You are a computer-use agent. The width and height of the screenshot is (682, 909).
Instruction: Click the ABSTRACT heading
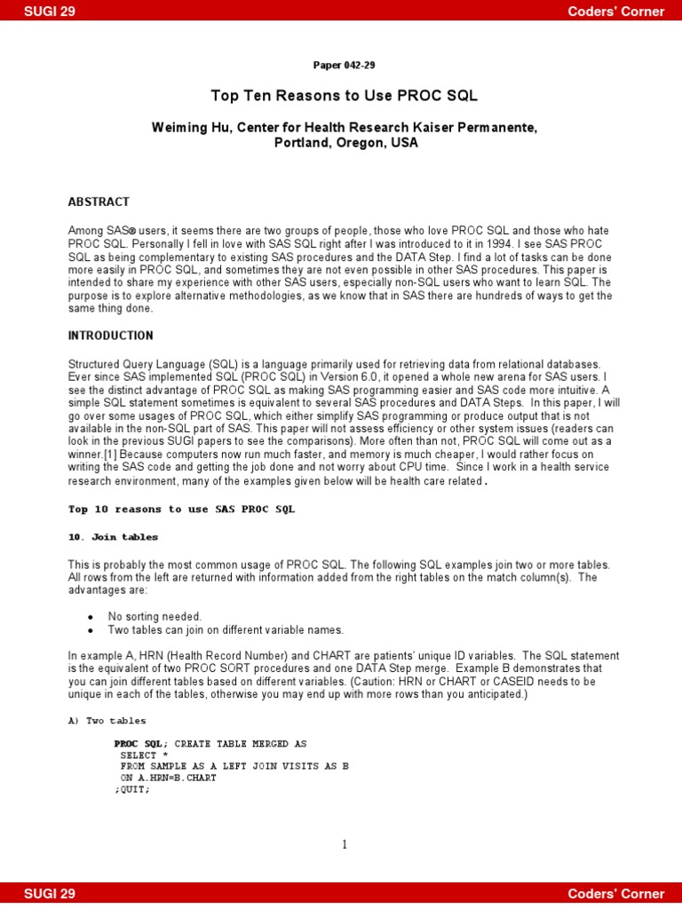pos(99,202)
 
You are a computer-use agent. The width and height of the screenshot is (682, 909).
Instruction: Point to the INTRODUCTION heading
pos(110,336)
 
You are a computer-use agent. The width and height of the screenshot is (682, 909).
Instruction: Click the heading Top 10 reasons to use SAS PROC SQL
pos(181,510)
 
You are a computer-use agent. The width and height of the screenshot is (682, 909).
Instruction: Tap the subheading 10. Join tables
pos(113,537)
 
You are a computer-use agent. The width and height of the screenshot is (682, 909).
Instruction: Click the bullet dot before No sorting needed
pos(91,617)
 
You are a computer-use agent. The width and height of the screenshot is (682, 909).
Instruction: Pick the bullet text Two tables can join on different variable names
pos(226,630)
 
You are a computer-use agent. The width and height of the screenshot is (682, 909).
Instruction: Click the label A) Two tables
pos(107,721)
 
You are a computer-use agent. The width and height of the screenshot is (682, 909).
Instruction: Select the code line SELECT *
pos(139,755)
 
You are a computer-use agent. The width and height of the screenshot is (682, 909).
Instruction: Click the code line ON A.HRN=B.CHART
pos(168,779)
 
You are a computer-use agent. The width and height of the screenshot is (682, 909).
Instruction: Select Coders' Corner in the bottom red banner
pos(616,894)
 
